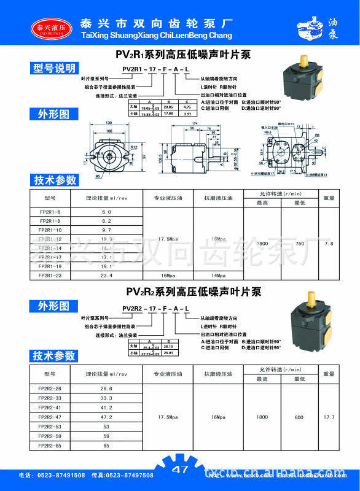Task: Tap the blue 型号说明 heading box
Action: click(55, 68)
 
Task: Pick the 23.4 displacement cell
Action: click(106, 276)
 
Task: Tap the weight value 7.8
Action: click(329, 244)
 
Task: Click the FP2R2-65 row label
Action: click(50, 445)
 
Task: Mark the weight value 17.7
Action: click(329, 417)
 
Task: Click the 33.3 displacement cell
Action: click(106, 398)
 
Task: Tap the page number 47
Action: click(180, 471)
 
